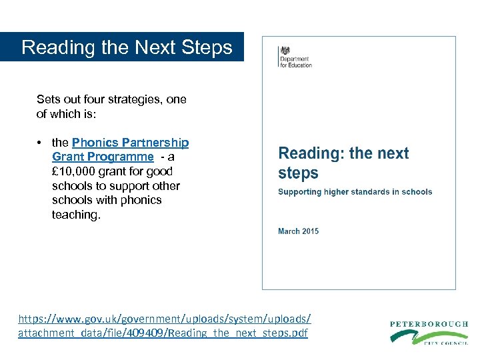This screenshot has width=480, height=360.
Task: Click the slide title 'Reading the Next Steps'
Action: pos(127,47)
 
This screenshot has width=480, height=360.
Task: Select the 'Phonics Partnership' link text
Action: pos(130,143)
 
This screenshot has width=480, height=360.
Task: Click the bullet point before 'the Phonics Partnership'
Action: pos(41,143)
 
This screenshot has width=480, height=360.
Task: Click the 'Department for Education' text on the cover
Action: pos(295,61)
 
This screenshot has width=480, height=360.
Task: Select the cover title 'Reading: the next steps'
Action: pos(343,163)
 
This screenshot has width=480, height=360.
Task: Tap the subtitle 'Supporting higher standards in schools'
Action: pos(355,192)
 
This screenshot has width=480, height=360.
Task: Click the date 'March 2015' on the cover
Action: pos(298,231)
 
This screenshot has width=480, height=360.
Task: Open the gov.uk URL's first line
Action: pos(164,319)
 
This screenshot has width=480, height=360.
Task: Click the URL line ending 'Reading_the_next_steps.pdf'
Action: pos(163,333)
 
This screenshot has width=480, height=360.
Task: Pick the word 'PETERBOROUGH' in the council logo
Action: pos(429,324)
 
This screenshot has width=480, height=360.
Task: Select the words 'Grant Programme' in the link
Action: pos(103,157)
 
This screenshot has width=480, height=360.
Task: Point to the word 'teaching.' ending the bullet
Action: pos(76,215)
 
